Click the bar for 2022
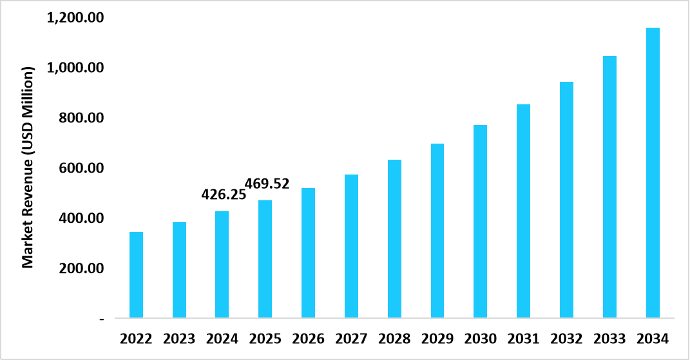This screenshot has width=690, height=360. pyautogui.click(x=136, y=275)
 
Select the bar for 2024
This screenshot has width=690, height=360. pyautogui.click(x=222, y=265)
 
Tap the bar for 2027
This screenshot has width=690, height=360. pyautogui.click(x=351, y=246)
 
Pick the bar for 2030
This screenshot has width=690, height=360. pyautogui.click(x=480, y=222)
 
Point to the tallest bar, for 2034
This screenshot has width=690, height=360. pyautogui.click(x=653, y=173)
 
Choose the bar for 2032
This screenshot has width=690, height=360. pyautogui.click(x=566, y=200)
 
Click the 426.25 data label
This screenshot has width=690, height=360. pyautogui.click(x=224, y=194)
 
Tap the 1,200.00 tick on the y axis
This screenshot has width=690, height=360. pyautogui.click(x=76, y=18)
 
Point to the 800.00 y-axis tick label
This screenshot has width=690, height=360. pyautogui.click(x=81, y=118)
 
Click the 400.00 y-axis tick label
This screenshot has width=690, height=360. pyautogui.click(x=81, y=218)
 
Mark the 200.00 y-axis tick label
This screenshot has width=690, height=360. pyautogui.click(x=81, y=268)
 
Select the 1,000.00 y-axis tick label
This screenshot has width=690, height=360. pyautogui.click(x=76, y=68)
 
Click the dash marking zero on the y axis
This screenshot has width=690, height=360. pyautogui.click(x=102, y=319)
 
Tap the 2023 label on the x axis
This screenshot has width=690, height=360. pyautogui.click(x=179, y=338)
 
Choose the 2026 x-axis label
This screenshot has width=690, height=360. pyautogui.click(x=308, y=338)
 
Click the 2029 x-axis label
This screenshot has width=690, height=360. pyautogui.click(x=437, y=338)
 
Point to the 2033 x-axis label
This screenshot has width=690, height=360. pyautogui.click(x=609, y=338)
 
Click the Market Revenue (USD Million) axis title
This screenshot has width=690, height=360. pyautogui.click(x=28, y=166)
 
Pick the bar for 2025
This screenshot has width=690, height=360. pyautogui.click(x=265, y=259)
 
